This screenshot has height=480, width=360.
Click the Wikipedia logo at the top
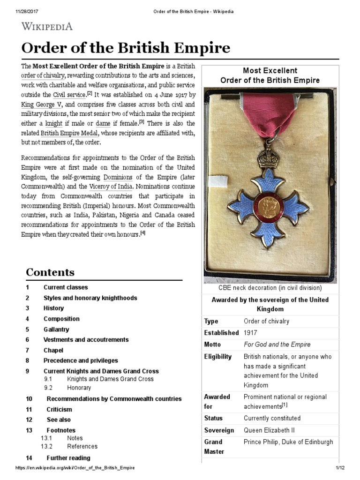coord(47,26)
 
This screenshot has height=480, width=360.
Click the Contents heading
coord(50,272)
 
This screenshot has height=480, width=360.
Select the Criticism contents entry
coord(60,409)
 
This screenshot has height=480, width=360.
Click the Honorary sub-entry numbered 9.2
coord(79,388)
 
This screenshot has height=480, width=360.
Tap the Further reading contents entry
coord(68,457)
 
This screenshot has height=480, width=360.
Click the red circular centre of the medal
coord(269,207)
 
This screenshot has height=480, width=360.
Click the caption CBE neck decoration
coord(270,288)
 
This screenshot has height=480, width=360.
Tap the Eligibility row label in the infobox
coord(218,357)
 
